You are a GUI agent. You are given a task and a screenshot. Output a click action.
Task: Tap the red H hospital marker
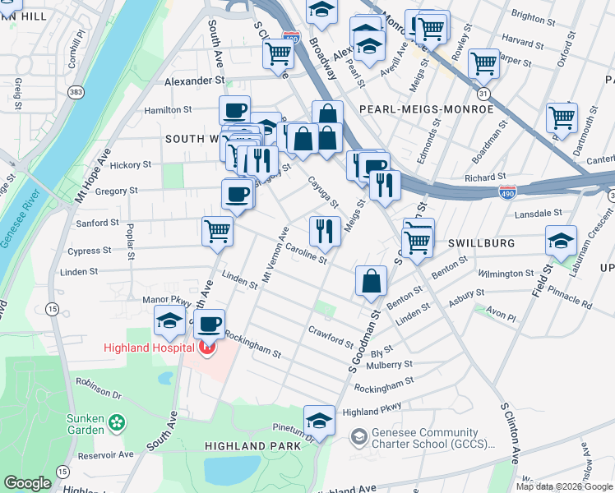point(206,348)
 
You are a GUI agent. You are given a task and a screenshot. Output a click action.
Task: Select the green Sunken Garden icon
point(118,423)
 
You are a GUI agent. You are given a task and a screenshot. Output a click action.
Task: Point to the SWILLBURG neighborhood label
point(481,244)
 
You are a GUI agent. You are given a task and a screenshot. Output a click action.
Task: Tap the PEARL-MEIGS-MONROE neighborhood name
point(426,108)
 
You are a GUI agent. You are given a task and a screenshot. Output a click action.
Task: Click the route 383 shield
point(76,91)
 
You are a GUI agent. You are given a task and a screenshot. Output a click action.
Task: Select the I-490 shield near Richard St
point(507,191)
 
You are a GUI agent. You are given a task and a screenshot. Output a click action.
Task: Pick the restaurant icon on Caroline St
point(325,231)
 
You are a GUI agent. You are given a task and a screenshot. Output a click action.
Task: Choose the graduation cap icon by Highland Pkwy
point(319,419)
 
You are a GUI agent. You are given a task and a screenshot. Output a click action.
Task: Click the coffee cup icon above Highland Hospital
point(210,323)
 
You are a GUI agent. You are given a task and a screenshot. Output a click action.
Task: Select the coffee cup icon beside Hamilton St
point(234,110)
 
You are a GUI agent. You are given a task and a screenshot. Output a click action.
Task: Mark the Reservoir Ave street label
point(104,454)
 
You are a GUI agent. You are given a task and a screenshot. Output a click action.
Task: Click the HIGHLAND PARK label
point(252,445)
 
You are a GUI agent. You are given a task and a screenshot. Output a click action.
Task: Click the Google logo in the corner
point(27,483)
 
